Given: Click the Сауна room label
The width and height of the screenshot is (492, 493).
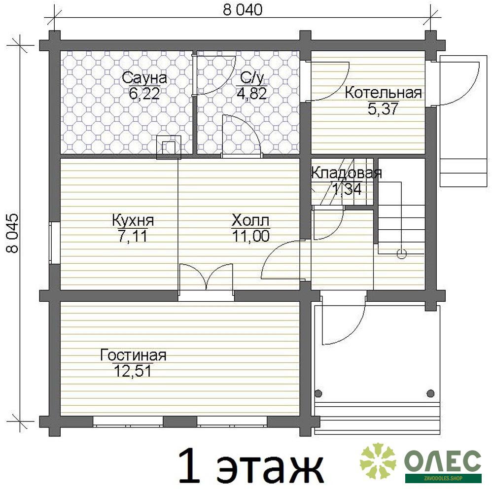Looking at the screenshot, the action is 144,78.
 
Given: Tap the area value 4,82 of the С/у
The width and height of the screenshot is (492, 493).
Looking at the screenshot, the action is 251,93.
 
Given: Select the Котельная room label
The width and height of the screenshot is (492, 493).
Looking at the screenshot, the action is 383,93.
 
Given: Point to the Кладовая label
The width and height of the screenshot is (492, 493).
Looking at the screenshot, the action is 347,173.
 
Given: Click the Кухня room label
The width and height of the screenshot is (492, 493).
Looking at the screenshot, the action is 133,220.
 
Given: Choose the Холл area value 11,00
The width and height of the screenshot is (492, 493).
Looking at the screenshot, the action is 250,236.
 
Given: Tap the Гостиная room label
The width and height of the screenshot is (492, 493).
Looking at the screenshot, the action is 133,355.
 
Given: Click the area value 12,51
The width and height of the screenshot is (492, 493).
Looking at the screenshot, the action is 132,371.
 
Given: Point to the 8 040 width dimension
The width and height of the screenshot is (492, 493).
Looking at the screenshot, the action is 243,10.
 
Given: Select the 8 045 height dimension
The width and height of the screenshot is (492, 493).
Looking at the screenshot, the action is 13,233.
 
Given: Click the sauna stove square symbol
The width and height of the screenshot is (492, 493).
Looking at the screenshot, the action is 169,147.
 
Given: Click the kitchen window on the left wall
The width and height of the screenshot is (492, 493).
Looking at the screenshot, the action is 54,243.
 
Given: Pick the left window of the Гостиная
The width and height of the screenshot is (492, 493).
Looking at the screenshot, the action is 128,422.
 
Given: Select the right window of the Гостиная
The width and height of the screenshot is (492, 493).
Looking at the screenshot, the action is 232,422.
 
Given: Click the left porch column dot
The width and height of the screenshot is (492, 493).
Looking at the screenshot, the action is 318,393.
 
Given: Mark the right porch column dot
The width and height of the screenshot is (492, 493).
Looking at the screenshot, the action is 430,393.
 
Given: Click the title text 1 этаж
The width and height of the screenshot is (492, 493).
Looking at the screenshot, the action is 250,466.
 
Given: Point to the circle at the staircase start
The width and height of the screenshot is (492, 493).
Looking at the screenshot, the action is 401,253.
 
